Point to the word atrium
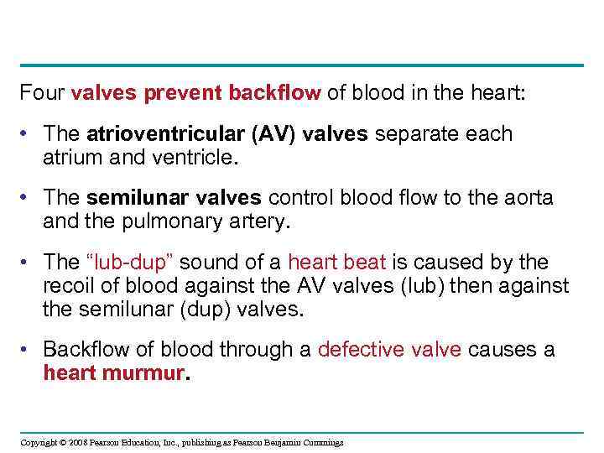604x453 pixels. point(73,156)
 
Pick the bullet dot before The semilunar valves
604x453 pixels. point(26,199)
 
